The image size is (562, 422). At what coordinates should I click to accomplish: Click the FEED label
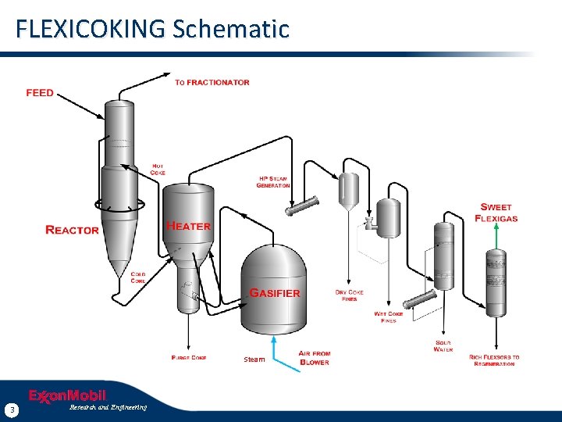pyautogui.click(x=40, y=93)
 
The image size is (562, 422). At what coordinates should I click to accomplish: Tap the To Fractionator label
pyautogui.click(x=212, y=82)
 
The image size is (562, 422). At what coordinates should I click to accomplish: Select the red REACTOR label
pyautogui.click(x=73, y=230)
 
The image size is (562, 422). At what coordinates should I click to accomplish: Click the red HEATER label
pyautogui.click(x=188, y=226)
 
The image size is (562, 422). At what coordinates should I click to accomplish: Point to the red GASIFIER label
pyautogui.click(x=274, y=293)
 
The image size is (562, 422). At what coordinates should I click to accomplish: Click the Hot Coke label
pyautogui.click(x=158, y=170)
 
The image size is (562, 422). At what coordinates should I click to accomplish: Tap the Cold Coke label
pyautogui.click(x=138, y=278)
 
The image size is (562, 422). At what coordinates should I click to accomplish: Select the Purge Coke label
pyautogui.click(x=189, y=358)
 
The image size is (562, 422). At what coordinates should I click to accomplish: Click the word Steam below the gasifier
pyautogui.click(x=254, y=359)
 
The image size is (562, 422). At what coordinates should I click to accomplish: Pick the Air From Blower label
pyautogui.click(x=315, y=358)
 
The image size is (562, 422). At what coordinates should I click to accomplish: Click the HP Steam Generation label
pyautogui.click(x=274, y=181)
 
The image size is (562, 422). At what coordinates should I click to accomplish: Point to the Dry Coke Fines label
pyautogui.click(x=350, y=295)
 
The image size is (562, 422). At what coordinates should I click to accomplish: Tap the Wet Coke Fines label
pyautogui.click(x=389, y=317)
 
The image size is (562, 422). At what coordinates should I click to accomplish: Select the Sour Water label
pyautogui.click(x=443, y=346)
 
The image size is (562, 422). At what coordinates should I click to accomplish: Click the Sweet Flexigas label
pyautogui.click(x=496, y=213)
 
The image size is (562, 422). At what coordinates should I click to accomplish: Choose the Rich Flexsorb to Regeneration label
pyautogui.click(x=494, y=360)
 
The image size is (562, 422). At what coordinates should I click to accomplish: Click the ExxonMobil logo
pyautogui.click(x=67, y=396)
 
